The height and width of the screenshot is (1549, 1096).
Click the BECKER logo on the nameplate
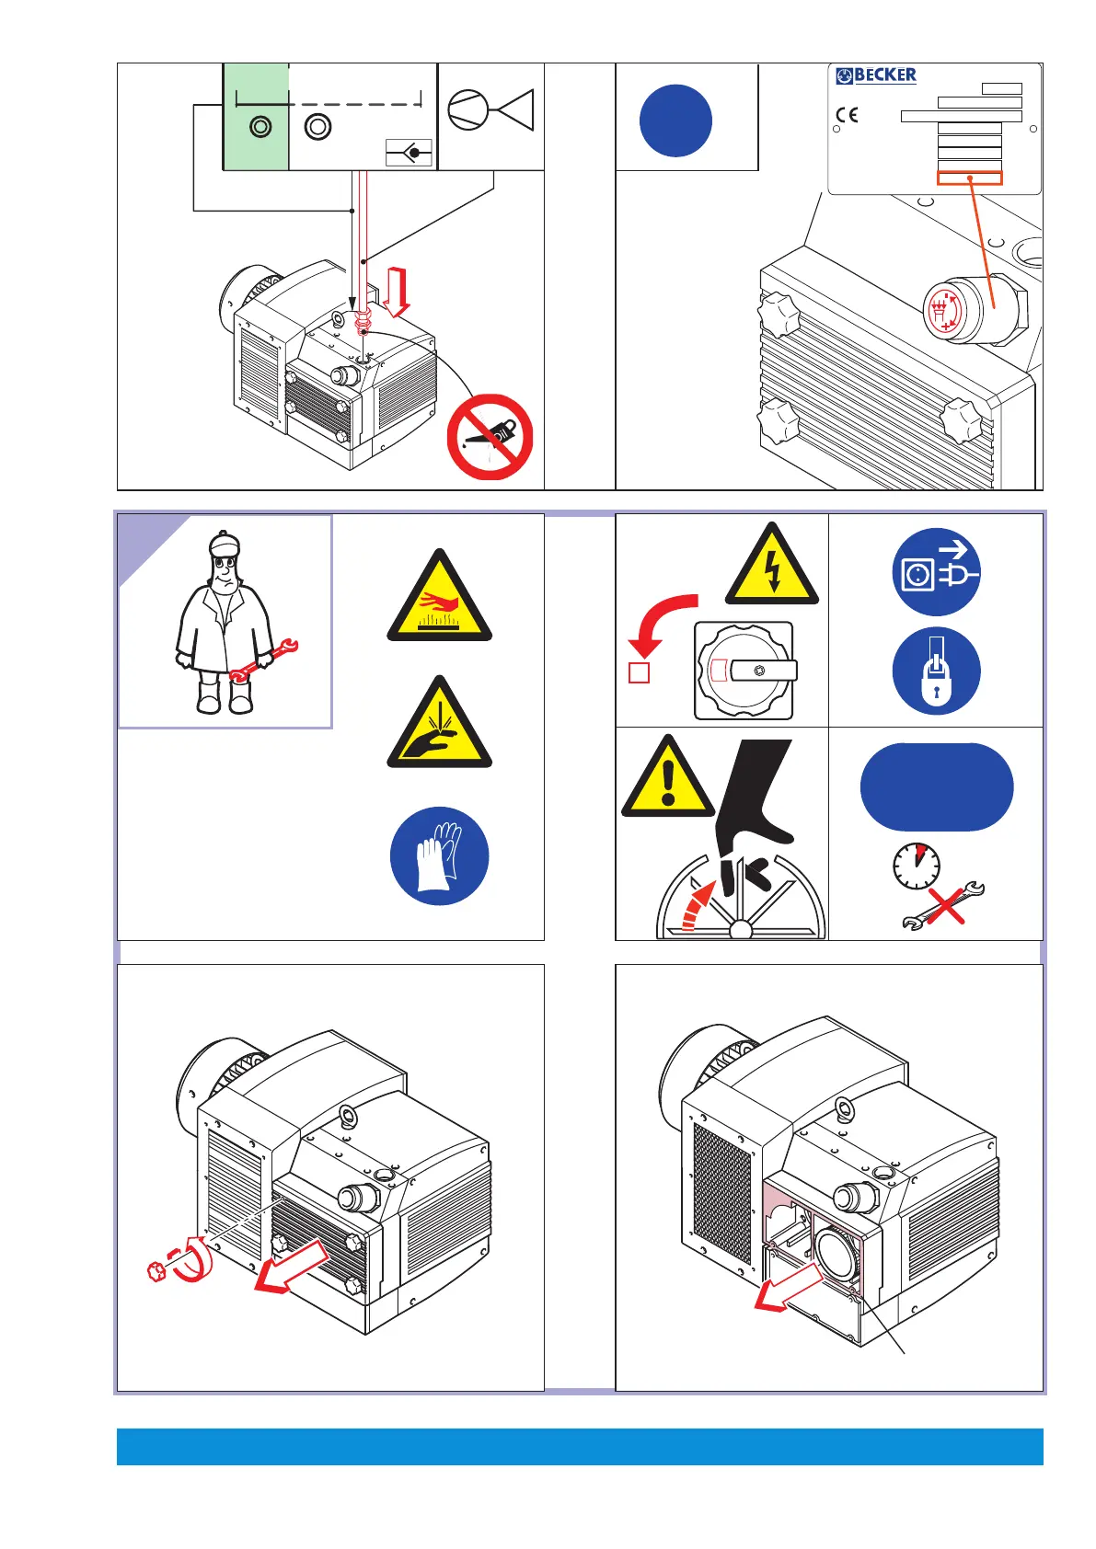click(876, 75)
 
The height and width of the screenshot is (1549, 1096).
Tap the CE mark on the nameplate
click(847, 115)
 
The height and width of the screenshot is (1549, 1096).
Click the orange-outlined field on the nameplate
click(969, 178)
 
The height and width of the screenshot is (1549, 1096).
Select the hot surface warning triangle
click(439, 599)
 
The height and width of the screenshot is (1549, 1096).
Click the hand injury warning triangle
click(439, 726)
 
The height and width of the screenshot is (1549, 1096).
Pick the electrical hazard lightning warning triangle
click(772, 568)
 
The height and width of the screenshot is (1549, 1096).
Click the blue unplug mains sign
click(936, 572)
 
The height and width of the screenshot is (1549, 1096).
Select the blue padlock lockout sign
click(936, 671)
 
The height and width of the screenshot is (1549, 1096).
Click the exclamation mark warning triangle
click(668, 781)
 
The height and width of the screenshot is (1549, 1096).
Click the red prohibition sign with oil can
click(490, 437)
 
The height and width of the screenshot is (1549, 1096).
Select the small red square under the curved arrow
click(639, 672)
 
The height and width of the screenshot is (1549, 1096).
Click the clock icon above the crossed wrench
click(916, 866)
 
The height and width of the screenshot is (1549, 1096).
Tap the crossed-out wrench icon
click(944, 907)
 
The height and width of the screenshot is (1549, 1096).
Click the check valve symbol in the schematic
click(410, 152)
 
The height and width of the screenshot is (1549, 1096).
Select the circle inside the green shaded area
click(260, 127)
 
